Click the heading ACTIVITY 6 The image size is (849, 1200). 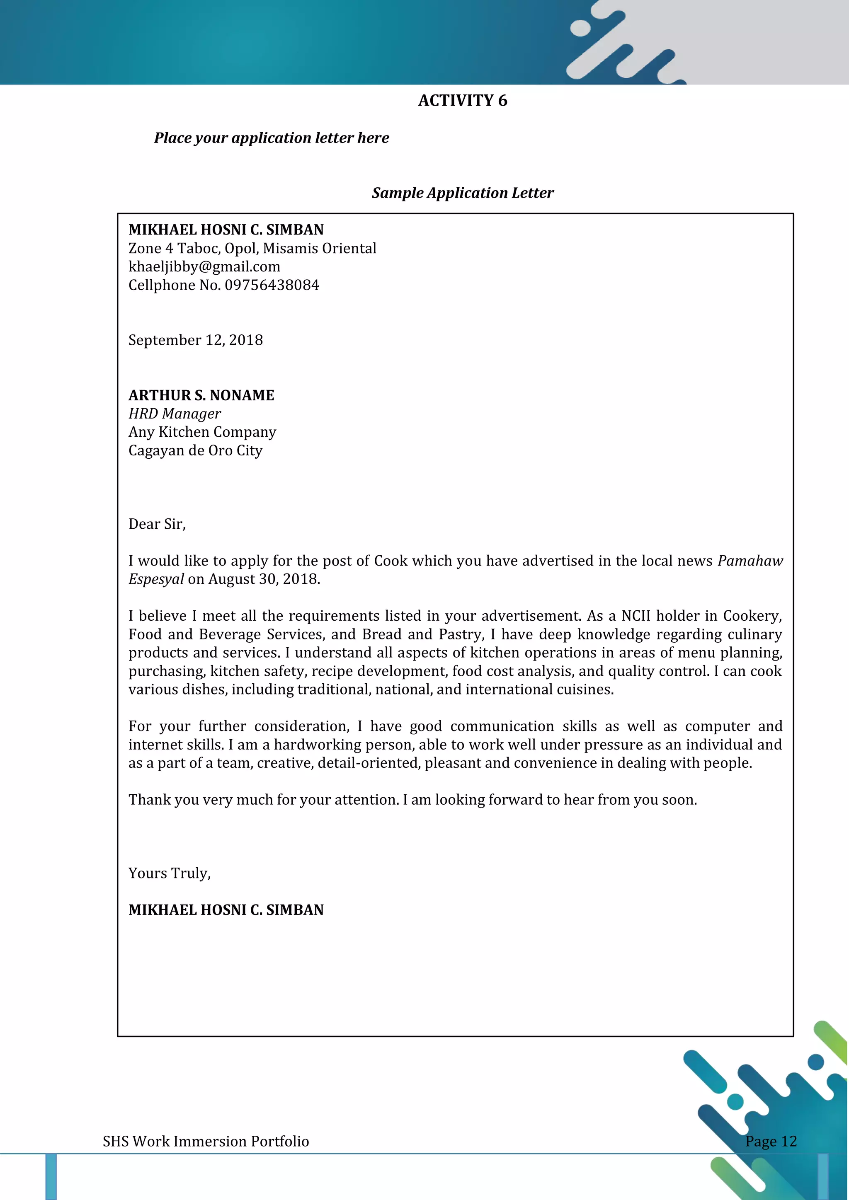(x=462, y=100)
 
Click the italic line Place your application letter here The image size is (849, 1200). (x=272, y=138)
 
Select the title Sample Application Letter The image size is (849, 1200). (x=462, y=193)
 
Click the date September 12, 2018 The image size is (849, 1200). (x=196, y=340)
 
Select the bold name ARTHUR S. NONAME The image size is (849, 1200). (x=201, y=395)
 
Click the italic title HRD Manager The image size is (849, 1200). (x=175, y=414)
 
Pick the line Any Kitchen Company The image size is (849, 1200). (x=202, y=432)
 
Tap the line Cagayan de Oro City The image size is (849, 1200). (x=196, y=450)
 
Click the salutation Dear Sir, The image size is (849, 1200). (x=157, y=524)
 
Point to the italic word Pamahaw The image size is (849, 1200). (x=750, y=561)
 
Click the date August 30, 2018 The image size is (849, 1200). (x=264, y=579)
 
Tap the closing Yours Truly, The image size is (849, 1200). (x=170, y=873)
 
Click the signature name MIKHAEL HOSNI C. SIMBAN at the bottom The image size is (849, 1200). (x=226, y=910)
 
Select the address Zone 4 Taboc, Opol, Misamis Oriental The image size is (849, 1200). (x=252, y=248)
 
